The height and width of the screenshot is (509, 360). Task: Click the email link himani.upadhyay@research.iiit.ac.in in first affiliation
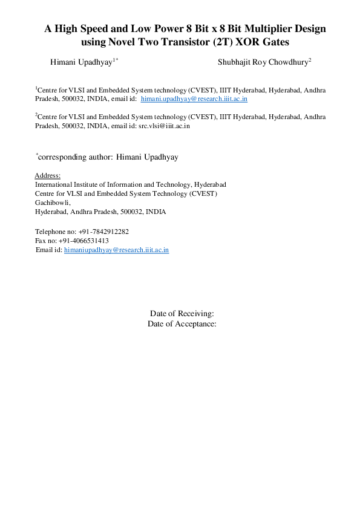(x=194, y=99)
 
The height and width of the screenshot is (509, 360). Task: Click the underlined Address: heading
(x=48, y=175)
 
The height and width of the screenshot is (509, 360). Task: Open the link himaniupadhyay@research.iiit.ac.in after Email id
(x=116, y=250)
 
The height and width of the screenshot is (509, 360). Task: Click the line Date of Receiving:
(x=182, y=313)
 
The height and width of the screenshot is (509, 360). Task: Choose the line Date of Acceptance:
(x=182, y=324)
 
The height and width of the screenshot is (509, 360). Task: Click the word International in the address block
(x=53, y=184)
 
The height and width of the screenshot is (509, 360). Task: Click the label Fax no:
(x=45, y=241)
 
